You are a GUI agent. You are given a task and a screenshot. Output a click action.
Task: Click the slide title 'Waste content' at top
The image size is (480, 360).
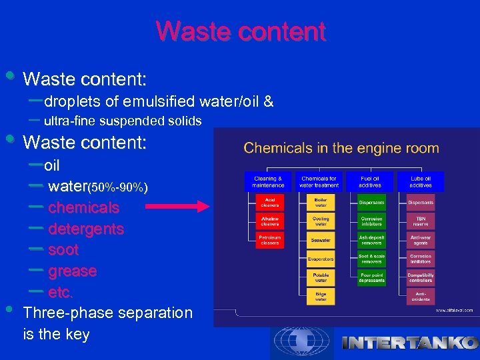point(241,31)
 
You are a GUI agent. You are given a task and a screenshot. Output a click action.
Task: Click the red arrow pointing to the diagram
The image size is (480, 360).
point(177,208)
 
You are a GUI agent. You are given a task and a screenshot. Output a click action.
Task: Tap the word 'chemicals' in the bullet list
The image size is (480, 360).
point(83,208)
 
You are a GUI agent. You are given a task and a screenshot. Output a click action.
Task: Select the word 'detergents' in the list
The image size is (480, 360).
point(86,229)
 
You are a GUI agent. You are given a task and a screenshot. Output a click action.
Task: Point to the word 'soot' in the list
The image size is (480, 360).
point(63,251)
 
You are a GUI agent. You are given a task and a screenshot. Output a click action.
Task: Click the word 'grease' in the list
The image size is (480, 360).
point(72,272)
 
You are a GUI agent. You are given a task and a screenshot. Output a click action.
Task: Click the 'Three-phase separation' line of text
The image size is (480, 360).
point(107,313)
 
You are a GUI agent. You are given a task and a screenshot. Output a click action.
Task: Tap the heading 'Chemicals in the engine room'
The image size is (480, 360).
point(341,148)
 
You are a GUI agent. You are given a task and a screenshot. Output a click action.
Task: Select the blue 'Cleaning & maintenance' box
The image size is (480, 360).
point(268,181)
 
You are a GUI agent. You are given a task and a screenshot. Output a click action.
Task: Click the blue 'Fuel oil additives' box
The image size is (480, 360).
point(371,181)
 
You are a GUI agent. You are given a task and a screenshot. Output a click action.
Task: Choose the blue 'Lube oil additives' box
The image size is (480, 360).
point(421,181)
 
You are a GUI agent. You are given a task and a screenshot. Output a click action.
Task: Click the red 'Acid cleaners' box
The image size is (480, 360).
point(270,202)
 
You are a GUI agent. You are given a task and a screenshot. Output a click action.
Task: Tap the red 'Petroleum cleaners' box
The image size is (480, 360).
point(270,240)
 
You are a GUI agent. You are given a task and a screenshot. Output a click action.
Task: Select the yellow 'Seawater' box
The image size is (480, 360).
point(321,240)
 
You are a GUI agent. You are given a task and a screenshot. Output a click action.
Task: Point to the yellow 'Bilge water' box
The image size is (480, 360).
point(321,297)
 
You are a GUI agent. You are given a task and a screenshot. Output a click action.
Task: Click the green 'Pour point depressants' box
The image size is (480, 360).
point(371,277)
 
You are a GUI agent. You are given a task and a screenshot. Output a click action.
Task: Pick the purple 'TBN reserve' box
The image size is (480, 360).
point(421,221)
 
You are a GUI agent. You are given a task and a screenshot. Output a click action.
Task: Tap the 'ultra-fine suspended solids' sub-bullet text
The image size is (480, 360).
point(123,121)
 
